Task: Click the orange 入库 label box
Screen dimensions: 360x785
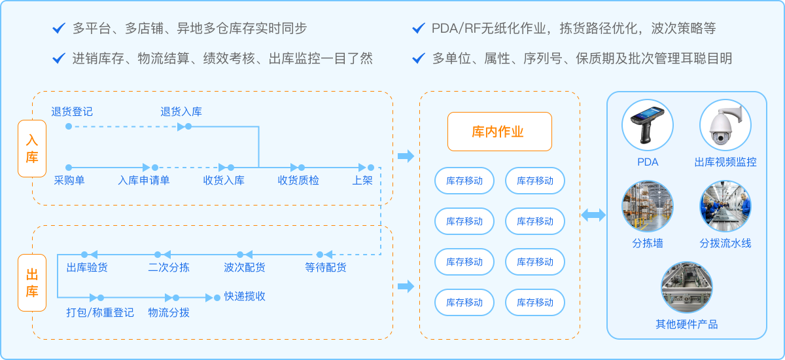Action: click(x=32, y=149)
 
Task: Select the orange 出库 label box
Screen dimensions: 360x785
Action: click(x=32, y=283)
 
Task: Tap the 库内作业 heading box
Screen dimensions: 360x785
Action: click(x=499, y=132)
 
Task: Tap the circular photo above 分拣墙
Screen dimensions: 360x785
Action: click(x=647, y=207)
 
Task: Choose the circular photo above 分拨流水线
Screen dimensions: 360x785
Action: click(x=725, y=207)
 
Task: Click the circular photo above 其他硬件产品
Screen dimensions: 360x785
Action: click(x=686, y=288)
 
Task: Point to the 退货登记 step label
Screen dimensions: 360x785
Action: click(x=72, y=111)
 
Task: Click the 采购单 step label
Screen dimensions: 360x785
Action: click(x=69, y=180)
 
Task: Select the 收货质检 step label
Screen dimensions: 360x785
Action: click(x=298, y=180)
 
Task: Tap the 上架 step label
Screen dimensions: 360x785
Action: click(x=362, y=180)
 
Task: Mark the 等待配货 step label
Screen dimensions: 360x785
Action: click(x=326, y=267)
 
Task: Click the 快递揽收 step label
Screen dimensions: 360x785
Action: click(x=245, y=296)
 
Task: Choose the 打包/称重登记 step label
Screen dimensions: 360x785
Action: click(x=100, y=312)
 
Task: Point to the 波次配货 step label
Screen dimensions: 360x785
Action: click(x=245, y=267)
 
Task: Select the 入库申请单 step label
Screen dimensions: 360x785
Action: click(x=144, y=180)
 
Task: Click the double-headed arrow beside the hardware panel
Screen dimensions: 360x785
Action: click(x=593, y=215)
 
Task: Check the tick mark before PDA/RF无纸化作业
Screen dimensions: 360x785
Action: click(x=419, y=28)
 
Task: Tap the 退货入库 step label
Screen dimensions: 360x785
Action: click(x=181, y=111)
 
